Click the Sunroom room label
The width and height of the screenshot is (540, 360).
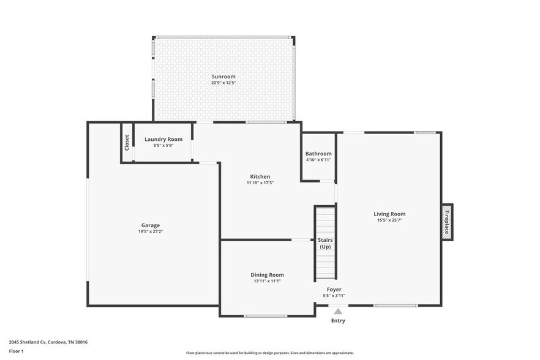point(223,76)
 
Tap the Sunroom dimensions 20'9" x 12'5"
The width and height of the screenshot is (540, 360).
point(223,83)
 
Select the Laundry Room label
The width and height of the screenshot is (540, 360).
point(163,139)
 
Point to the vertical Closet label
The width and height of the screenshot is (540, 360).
point(127,143)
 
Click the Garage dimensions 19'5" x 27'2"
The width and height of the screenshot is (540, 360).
point(151,231)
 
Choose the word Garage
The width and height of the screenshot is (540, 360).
point(151,225)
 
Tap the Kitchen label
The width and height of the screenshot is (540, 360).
point(260,176)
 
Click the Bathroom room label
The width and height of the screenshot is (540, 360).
point(318,154)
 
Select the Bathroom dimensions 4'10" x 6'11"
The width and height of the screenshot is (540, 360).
point(318,160)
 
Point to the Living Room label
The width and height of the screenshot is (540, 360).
point(389,214)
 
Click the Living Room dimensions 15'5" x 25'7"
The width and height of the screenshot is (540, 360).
point(389,220)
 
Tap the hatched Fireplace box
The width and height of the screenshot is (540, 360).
point(447,222)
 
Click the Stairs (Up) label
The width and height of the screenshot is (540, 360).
point(325,243)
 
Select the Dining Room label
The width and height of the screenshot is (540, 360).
point(267,275)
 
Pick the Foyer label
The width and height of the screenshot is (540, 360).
point(334,289)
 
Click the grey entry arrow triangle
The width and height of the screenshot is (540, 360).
point(338,311)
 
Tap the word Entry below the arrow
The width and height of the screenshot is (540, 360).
point(338,321)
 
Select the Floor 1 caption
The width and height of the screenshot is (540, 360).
point(16,351)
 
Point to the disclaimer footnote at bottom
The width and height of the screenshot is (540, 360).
point(269,353)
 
